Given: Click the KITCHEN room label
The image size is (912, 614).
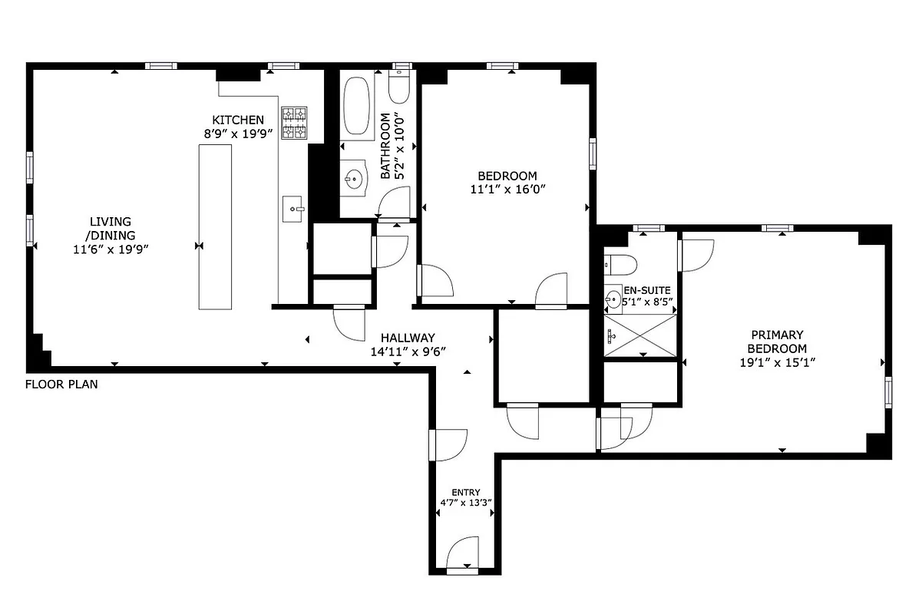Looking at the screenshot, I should click(238, 120).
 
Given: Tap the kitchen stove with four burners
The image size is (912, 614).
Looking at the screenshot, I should click(294, 123).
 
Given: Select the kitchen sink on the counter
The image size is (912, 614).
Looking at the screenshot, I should click(293, 208).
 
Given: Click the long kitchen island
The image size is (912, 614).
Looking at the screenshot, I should click(214, 226).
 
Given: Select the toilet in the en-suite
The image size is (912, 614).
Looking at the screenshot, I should click(621, 266).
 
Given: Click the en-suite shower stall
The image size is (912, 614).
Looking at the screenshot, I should click(641, 335).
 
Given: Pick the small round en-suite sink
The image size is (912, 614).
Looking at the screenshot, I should click(613, 299).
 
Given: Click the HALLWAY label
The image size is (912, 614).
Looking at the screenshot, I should click(408, 338).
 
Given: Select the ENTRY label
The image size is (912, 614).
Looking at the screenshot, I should click(465, 492).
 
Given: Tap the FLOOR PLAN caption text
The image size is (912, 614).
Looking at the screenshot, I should click(61, 384).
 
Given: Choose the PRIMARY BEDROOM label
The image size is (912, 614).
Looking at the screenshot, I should click(777, 342).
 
